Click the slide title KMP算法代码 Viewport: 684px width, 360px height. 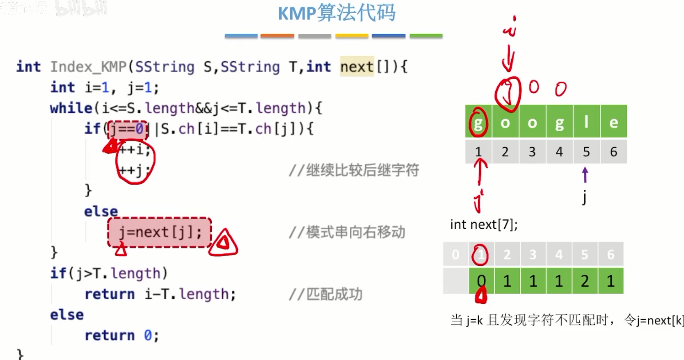[337, 14]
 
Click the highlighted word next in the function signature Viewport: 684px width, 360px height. [357, 67]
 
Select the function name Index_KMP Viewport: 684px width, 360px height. [88, 67]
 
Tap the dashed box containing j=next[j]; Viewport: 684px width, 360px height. [160, 232]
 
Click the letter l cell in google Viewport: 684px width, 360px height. [586, 122]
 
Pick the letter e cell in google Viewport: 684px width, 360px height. [614, 122]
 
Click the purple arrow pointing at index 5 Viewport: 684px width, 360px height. [585, 175]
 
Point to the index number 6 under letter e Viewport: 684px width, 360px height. [614, 151]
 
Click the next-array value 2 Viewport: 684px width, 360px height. [584, 281]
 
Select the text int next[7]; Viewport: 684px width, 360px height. [484, 225]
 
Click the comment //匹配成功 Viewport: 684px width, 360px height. [325, 294]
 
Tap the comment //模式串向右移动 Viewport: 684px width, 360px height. [347, 232]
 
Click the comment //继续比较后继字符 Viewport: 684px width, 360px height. [353, 171]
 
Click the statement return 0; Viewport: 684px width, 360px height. [122, 335]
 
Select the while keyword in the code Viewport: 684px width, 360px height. [71, 108]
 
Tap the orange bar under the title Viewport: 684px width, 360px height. [277, 36]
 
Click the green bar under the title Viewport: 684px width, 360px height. [426, 36]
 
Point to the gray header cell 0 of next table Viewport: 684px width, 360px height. [455, 254]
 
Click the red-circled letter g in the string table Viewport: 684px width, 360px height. [478, 123]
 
